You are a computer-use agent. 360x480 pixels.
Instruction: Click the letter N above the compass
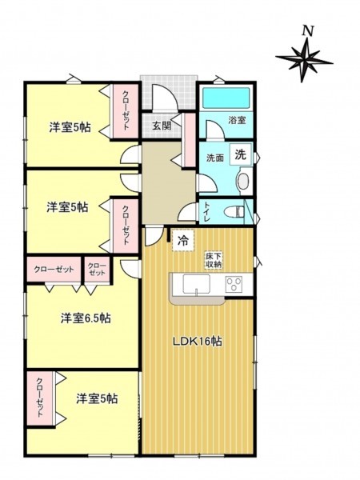click(x=308, y=31)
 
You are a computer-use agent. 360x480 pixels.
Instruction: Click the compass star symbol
click(x=304, y=59)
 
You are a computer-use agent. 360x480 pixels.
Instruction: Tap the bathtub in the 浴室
click(x=226, y=98)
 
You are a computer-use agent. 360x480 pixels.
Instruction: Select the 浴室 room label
click(x=237, y=120)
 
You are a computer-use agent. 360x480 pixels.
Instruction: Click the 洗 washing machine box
click(x=240, y=154)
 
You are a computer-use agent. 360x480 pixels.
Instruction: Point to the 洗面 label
click(x=215, y=158)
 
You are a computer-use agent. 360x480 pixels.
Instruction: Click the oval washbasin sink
click(x=242, y=182)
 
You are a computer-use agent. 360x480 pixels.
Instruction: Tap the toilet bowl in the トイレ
click(x=234, y=211)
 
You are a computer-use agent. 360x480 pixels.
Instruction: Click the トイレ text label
click(x=206, y=211)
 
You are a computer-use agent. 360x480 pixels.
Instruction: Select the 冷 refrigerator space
click(x=182, y=240)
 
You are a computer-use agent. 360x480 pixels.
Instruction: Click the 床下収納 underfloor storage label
click(x=214, y=260)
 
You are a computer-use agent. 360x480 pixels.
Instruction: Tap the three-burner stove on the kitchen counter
click(x=234, y=284)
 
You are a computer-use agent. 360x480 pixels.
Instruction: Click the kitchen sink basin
click(x=197, y=284)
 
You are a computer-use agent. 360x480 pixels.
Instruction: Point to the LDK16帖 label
click(x=198, y=342)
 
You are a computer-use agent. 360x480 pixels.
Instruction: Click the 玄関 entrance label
click(x=162, y=126)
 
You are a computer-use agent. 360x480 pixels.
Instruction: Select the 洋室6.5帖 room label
click(x=86, y=318)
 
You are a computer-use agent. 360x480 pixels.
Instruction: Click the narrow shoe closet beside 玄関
click(x=189, y=140)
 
